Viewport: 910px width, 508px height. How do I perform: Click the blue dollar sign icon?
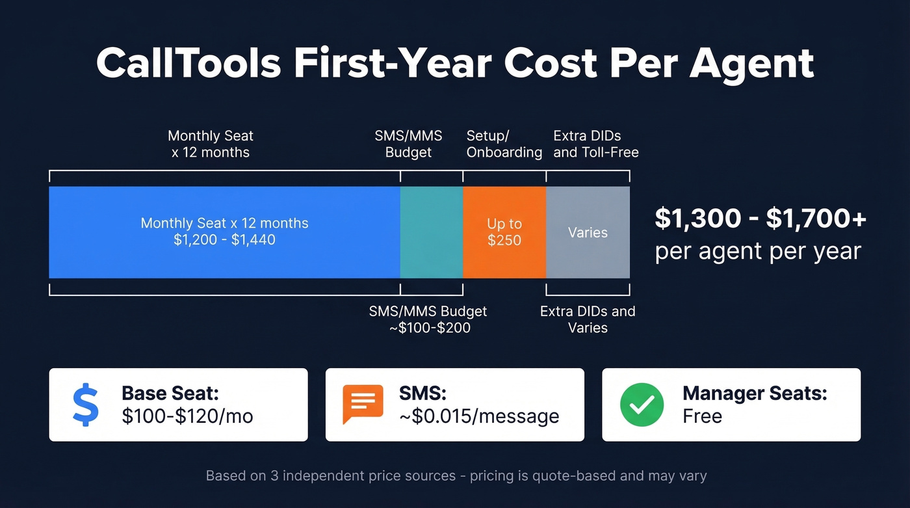(85, 405)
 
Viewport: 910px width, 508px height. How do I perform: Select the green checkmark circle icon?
(642, 405)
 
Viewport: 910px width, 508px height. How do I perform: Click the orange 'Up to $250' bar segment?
(504, 232)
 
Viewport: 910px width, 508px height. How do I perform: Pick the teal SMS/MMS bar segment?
(432, 232)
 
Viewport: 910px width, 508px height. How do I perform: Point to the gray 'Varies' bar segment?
(588, 232)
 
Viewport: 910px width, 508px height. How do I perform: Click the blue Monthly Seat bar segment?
(224, 232)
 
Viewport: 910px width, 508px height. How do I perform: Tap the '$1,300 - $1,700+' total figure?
(760, 219)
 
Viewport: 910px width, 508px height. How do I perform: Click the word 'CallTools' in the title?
(188, 64)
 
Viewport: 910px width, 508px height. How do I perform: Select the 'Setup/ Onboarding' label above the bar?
(504, 144)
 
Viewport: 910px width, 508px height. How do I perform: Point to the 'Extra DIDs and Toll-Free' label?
(595, 144)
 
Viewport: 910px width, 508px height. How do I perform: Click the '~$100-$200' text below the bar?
(429, 328)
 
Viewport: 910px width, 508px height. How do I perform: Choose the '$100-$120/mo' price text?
(187, 416)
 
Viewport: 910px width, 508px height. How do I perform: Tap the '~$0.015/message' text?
(479, 416)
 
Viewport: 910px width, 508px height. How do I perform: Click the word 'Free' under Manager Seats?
(702, 416)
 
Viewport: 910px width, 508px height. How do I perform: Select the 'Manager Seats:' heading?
(755, 394)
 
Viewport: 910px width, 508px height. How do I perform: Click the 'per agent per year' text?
(757, 251)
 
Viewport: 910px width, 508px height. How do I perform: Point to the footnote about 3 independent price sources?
(456, 476)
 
